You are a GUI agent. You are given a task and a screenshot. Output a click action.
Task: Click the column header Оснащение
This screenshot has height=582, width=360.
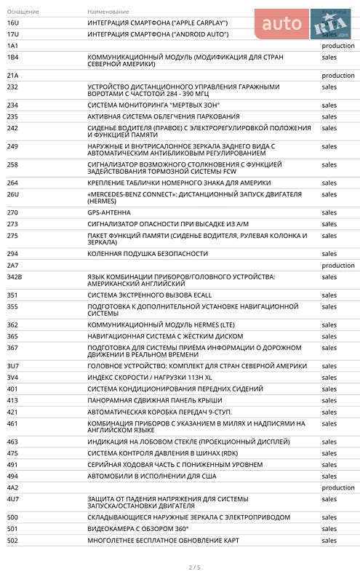(23, 12)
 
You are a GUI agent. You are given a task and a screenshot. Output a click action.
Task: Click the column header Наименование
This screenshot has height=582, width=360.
(108, 12)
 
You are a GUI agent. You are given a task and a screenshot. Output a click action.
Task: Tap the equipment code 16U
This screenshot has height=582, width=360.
(12, 23)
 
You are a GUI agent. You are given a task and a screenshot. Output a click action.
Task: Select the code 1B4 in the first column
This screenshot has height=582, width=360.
(12, 57)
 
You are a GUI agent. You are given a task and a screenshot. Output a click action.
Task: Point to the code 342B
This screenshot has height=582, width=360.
(15, 277)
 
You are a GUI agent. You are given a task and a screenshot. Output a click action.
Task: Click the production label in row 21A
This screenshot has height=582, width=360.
(337, 76)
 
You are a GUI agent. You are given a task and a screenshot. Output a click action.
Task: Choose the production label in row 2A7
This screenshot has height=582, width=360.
(337, 266)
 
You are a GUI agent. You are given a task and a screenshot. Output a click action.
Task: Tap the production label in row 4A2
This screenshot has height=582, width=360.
(337, 487)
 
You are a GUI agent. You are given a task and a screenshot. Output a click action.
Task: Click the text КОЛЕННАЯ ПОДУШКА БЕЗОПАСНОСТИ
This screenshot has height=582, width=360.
(148, 254)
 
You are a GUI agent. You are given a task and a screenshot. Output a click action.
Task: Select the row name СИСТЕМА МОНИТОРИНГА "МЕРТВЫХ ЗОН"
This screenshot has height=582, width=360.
(153, 105)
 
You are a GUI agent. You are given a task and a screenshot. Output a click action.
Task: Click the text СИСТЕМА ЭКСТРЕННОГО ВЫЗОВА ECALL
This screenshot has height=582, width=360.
(149, 295)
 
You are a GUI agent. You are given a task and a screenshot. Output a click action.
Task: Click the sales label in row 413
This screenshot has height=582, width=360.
(329, 401)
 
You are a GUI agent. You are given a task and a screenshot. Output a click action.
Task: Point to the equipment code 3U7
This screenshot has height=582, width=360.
(13, 367)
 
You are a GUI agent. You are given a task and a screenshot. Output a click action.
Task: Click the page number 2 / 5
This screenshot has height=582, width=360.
(194, 567)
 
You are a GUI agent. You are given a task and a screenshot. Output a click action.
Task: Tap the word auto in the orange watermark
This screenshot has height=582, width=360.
(281, 24)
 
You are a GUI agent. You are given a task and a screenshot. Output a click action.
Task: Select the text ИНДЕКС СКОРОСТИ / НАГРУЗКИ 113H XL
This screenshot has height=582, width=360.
(150, 378)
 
